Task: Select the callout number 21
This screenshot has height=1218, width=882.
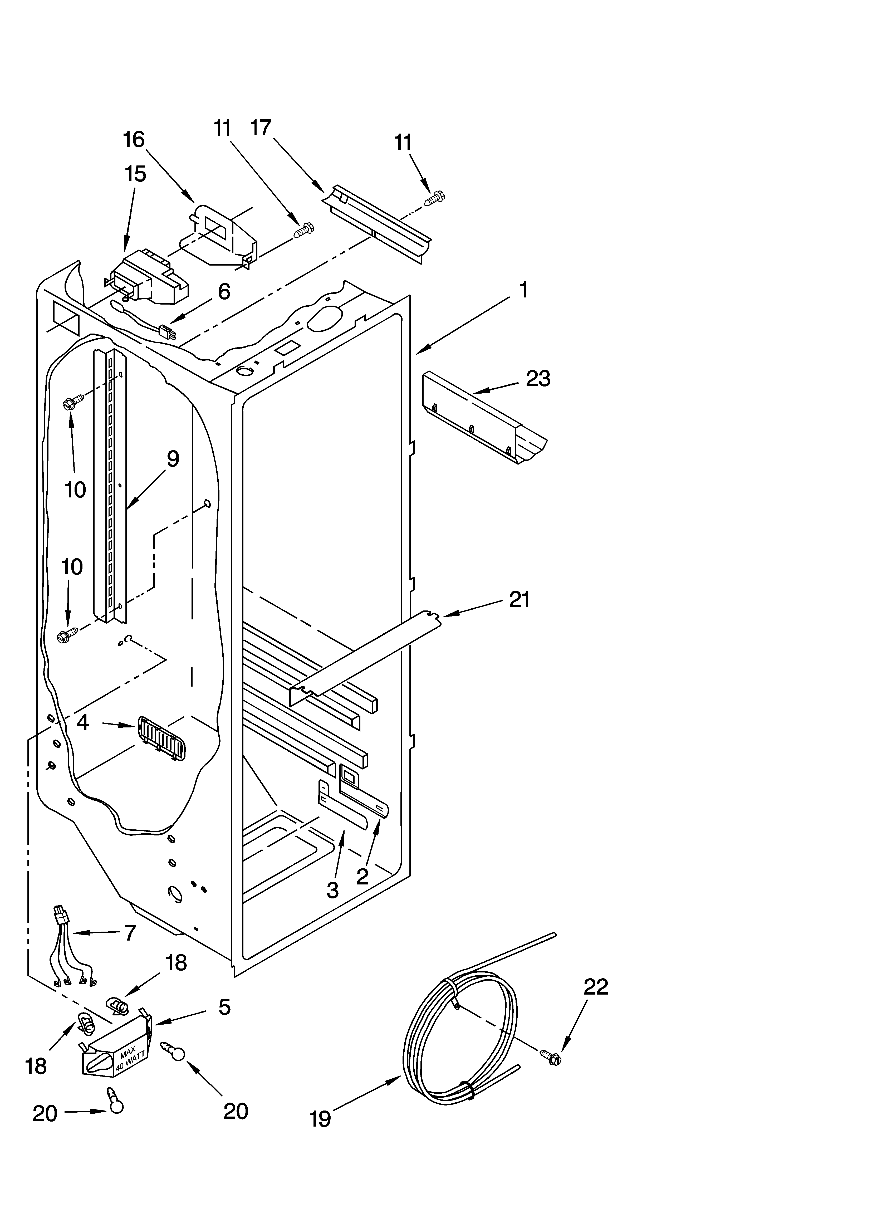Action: point(519,599)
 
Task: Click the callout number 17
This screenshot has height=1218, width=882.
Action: point(261,128)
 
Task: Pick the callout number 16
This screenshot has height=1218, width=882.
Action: point(134,140)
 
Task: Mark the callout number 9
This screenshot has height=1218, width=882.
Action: point(173,459)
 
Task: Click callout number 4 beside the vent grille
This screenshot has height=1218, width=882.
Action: point(83,722)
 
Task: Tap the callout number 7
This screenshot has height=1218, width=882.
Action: point(130,933)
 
